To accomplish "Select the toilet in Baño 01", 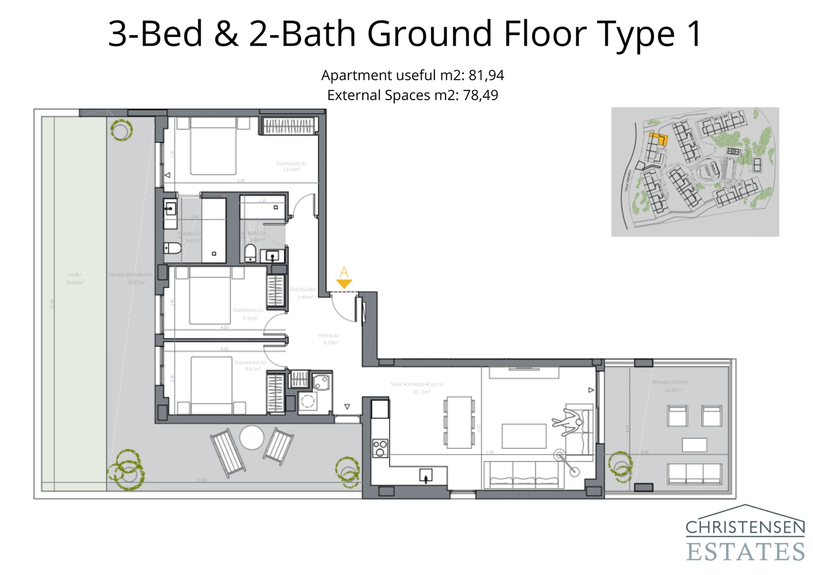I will pyautogui.click(x=173, y=248).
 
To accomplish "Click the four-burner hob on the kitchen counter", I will pyautogui.click(x=380, y=448).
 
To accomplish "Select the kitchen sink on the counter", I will pyautogui.click(x=425, y=475).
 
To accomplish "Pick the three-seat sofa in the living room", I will pyautogui.click(x=524, y=475).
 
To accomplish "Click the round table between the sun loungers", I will pyautogui.click(x=252, y=437).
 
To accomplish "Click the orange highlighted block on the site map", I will pyautogui.click(x=658, y=138).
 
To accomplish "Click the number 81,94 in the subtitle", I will pyautogui.click(x=486, y=75).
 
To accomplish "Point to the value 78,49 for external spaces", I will pyautogui.click(x=480, y=95).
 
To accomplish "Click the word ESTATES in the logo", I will pyautogui.click(x=745, y=552).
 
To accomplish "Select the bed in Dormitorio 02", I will pyautogui.click(x=210, y=296).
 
